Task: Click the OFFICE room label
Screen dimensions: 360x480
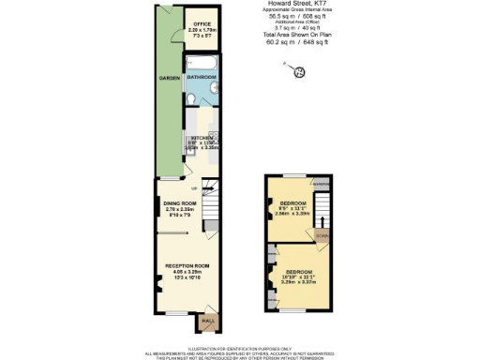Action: tap(200, 23)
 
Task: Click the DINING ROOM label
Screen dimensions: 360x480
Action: tap(180, 202)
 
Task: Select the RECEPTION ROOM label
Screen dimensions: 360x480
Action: tap(187, 266)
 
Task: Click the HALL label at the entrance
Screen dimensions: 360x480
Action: tap(206, 322)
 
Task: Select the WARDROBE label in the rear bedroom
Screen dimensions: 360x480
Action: tap(321, 184)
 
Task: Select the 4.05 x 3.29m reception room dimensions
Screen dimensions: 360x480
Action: tap(187, 272)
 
